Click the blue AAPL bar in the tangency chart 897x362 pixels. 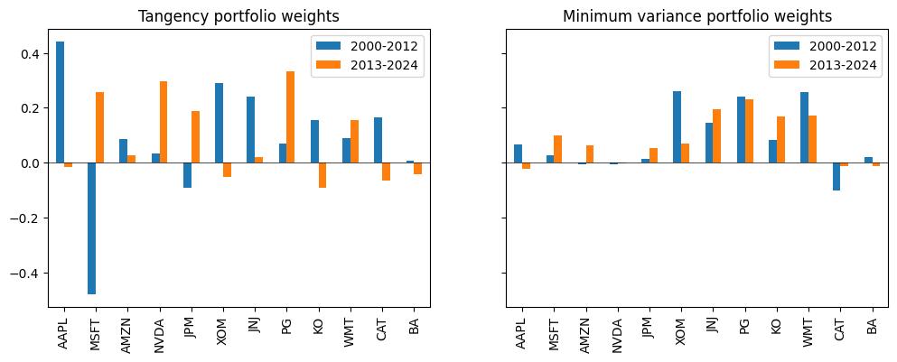point(60,102)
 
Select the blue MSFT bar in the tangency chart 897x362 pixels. point(91,228)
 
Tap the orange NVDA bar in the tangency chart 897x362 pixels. point(163,123)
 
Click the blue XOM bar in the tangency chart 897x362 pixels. point(219,123)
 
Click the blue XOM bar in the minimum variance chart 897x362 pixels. point(677,127)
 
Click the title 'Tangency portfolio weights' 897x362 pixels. point(239,16)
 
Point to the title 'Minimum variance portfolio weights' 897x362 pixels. point(697,16)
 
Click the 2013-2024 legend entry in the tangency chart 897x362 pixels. point(372,66)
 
